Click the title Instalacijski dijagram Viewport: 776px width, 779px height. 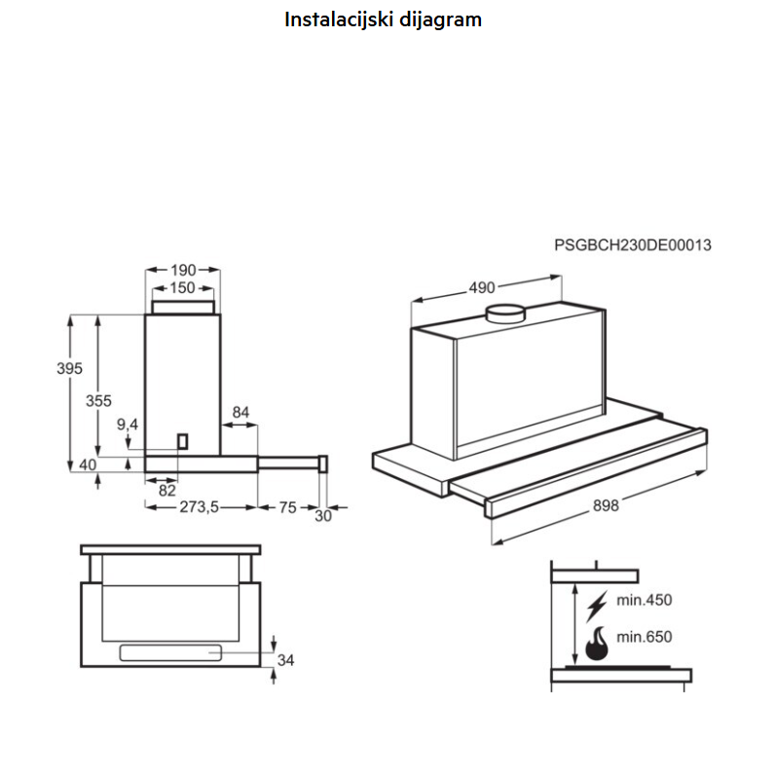pos(383,19)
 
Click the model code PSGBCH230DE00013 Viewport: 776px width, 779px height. pos(633,245)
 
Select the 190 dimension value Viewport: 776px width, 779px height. pos(183,270)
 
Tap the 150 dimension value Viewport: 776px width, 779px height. pos(182,288)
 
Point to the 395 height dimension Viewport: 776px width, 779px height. pos(69,369)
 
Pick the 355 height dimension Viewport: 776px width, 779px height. pos(98,400)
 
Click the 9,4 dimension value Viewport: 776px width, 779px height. pos(128,425)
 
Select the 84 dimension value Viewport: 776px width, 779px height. pos(240,413)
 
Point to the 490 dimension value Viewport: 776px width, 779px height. pos(482,287)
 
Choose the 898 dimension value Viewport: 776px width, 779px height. pos(605,504)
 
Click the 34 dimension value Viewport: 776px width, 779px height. pos(285,660)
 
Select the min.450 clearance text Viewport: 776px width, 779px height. pos(644,600)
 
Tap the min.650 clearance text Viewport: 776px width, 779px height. pos(644,637)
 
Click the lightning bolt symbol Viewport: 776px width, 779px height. pos(597,605)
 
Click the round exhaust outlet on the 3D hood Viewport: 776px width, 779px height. pos(505,314)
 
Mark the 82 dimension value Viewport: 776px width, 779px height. pos(166,490)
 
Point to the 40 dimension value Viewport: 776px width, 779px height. pos(88,465)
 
